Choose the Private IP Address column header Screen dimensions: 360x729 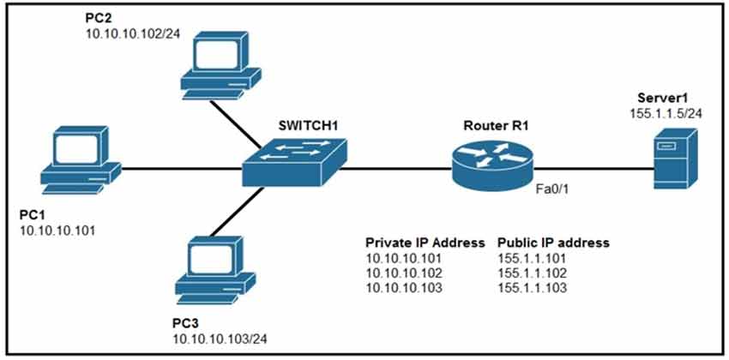pos(425,243)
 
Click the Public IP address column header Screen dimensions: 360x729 pos(553,243)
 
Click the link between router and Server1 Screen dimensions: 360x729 pos(592,169)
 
